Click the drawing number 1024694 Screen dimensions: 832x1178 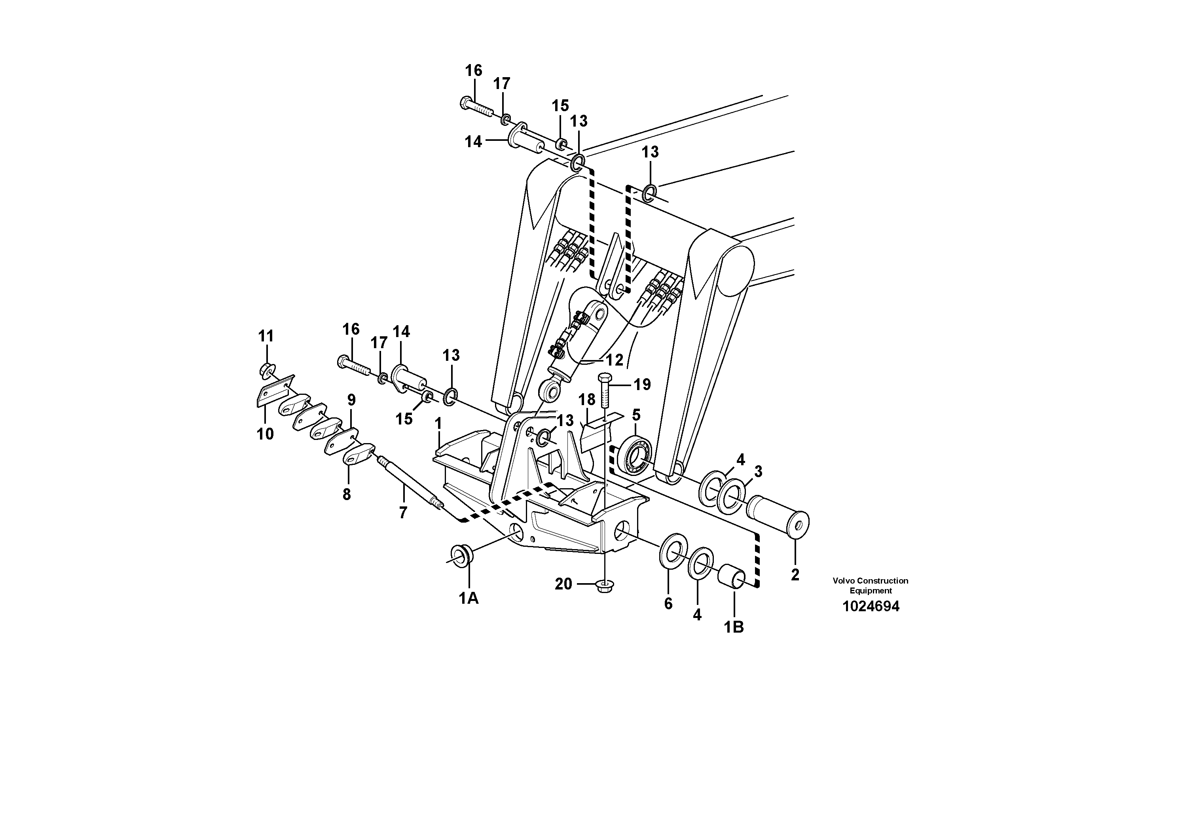click(871, 607)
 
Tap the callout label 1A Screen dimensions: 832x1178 click(469, 598)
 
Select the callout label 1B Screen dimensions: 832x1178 click(734, 627)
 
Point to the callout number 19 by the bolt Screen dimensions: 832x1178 click(642, 384)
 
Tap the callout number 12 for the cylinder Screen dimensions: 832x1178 click(614, 360)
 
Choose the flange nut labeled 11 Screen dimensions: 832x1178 click(267, 370)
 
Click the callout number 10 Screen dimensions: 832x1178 click(265, 434)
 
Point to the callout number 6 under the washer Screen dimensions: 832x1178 click(668, 604)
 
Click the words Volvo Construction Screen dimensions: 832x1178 click(870, 581)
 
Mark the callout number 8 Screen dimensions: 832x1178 click(347, 495)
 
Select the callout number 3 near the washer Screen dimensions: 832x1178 click(758, 471)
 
